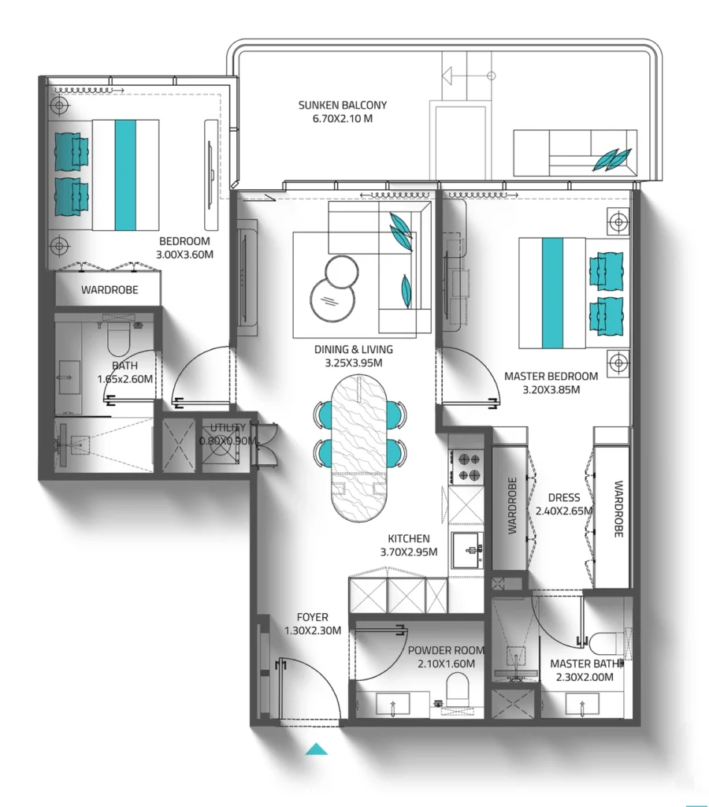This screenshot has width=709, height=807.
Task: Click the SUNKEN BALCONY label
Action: (342, 105)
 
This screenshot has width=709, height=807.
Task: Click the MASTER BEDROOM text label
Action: (551, 376)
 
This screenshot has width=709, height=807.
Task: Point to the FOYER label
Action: (312, 617)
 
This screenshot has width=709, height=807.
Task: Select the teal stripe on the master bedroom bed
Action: (553, 293)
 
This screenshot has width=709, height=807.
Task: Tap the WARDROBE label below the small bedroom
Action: (110, 290)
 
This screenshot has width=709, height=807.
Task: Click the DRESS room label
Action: (563, 497)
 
